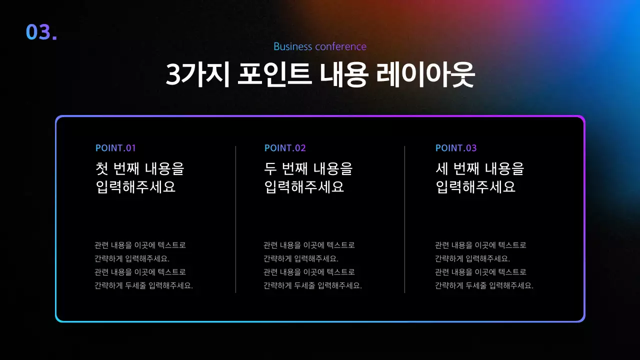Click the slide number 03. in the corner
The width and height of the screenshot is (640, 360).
(x=41, y=32)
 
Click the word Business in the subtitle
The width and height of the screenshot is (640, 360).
(x=293, y=46)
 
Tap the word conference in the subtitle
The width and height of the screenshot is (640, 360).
(x=341, y=46)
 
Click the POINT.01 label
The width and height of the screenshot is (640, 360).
(x=115, y=148)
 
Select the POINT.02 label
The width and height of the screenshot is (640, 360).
(x=285, y=148)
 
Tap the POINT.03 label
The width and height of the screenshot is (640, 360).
(x=456, y=148)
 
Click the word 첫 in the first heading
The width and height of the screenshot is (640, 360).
(x=101, y=168)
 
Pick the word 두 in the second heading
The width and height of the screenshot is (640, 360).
(x=270, y=168)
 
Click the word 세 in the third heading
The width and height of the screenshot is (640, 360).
(x=441, y=168)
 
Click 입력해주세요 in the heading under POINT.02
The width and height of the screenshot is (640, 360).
(x=304, y=187)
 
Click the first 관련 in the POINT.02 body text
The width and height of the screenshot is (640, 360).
(x=270, y=245)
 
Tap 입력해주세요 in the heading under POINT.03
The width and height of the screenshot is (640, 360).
(x=475, y=187)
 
